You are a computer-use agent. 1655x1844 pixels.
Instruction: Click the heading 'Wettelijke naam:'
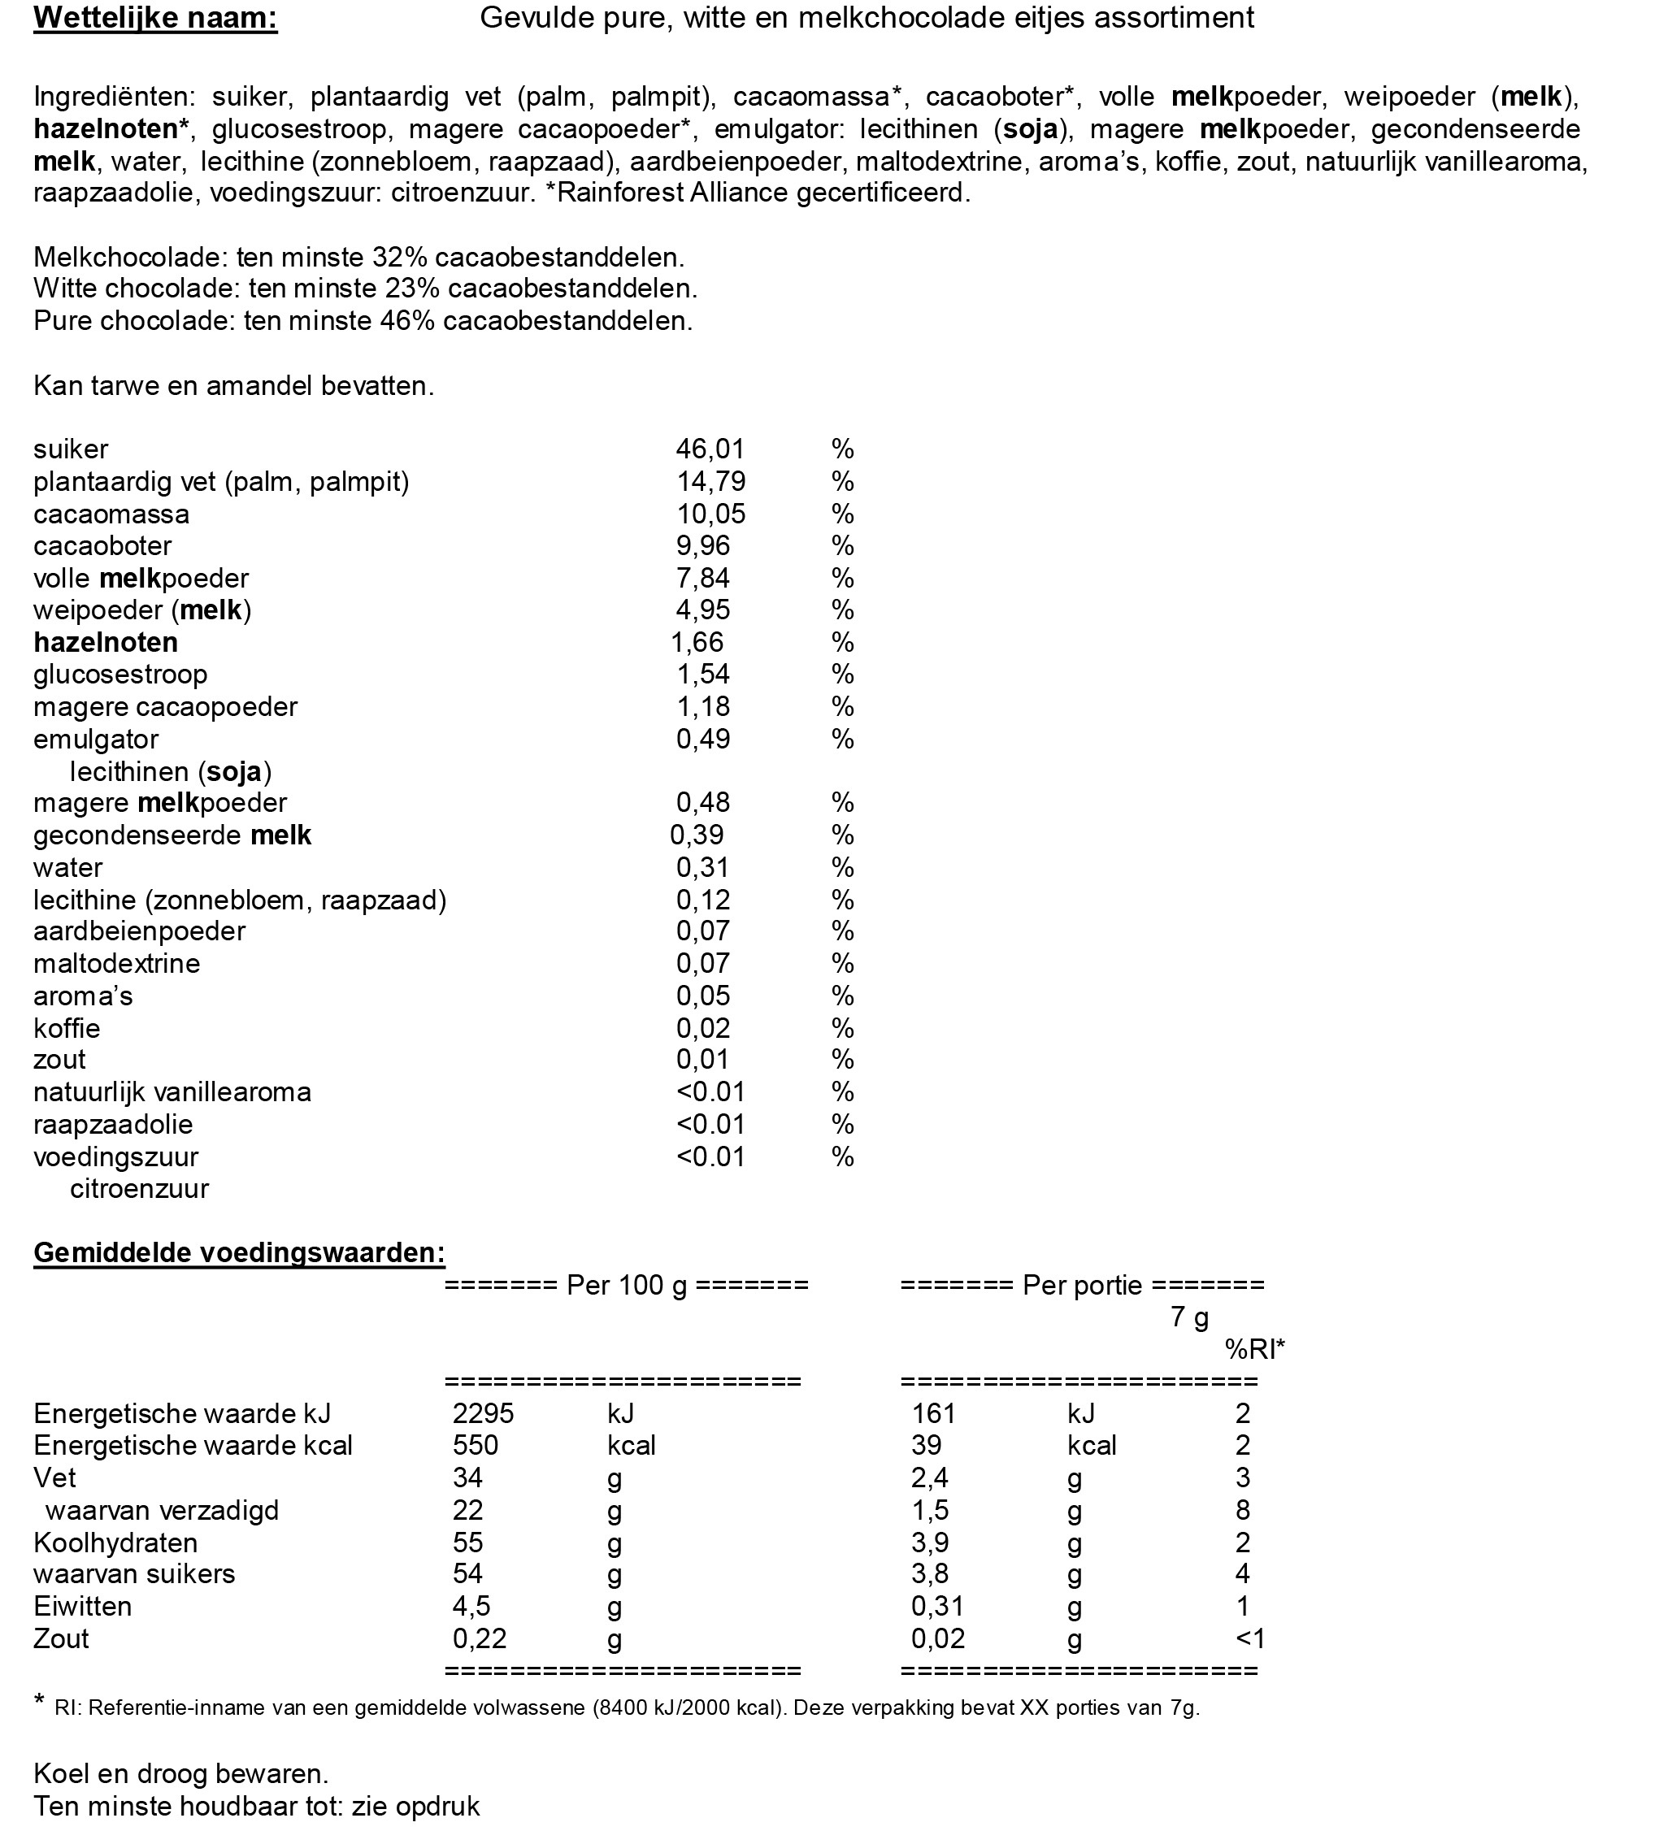[x=155, y=18]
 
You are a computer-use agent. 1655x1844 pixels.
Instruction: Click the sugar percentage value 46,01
[x=710, y=449]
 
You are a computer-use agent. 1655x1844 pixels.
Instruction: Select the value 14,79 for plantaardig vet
[x=710, y=481]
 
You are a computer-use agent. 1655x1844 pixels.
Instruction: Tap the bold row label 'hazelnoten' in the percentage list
[x=106, y=643]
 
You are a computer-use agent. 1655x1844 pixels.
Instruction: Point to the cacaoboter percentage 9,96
[x=703, y=545]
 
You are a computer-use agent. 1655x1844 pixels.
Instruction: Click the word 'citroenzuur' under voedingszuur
[x=139, y=1188]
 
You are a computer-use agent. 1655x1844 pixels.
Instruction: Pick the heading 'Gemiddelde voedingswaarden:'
[x=239, y=1253]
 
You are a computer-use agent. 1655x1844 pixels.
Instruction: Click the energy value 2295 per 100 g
[x=483, y=1413]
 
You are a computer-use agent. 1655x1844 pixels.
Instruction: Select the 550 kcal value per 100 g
[x=476, y=1445]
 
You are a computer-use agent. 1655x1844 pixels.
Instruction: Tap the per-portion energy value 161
[x=933, y=1413]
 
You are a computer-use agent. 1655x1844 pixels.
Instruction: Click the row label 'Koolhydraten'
[x=115, y=1542]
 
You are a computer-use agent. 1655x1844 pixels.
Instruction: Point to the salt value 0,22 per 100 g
[x=480, y=1638]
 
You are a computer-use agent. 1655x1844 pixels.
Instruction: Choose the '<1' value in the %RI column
[x=1249, y=1638]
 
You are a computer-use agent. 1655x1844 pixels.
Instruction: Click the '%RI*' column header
[x=1255, y=1349]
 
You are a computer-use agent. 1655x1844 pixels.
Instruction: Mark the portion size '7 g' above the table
[x=1189, y=1317]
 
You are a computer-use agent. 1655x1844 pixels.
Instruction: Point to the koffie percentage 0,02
[x=703, y=1028]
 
